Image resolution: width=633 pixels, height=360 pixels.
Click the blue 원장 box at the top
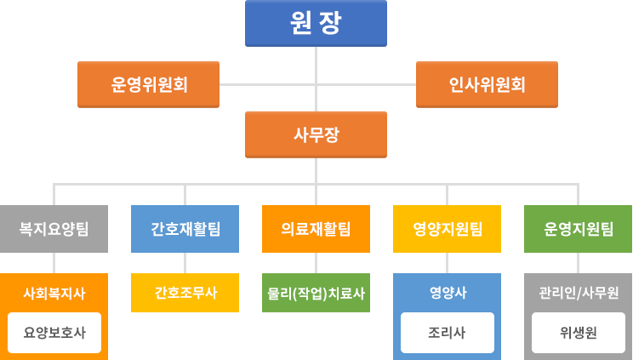[316, 23]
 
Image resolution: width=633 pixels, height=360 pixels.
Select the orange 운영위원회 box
[148, 84]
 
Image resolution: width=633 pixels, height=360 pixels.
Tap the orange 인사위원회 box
[487, 84]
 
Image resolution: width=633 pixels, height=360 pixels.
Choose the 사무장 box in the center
[316, 134]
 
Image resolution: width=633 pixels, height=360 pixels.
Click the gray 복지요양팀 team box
[54, 229]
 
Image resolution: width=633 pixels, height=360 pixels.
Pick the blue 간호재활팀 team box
[185, 229]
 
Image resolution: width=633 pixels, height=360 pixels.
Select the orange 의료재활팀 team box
[316, 229]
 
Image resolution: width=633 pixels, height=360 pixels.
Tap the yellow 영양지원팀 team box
[447, 229]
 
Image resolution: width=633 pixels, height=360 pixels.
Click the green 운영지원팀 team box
[579, 229]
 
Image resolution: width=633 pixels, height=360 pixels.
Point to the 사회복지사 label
[54, 293]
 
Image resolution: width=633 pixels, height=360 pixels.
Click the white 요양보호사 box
[54, 333]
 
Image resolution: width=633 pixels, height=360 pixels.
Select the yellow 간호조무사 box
[185, 293]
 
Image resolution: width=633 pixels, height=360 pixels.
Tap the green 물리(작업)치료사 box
[316, 294]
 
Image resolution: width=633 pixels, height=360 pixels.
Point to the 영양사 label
[447, 293]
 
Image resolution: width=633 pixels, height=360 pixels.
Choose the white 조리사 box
[447, 333]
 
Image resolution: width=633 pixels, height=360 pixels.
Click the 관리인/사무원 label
[579, 293]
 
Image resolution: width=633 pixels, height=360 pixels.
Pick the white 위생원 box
[579, 333]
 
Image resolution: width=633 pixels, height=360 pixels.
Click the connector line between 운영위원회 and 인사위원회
[264, 83]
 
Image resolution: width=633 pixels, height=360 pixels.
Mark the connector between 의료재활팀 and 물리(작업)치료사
[316, 263]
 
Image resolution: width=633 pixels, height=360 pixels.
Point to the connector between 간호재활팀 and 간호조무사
[185, 263]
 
